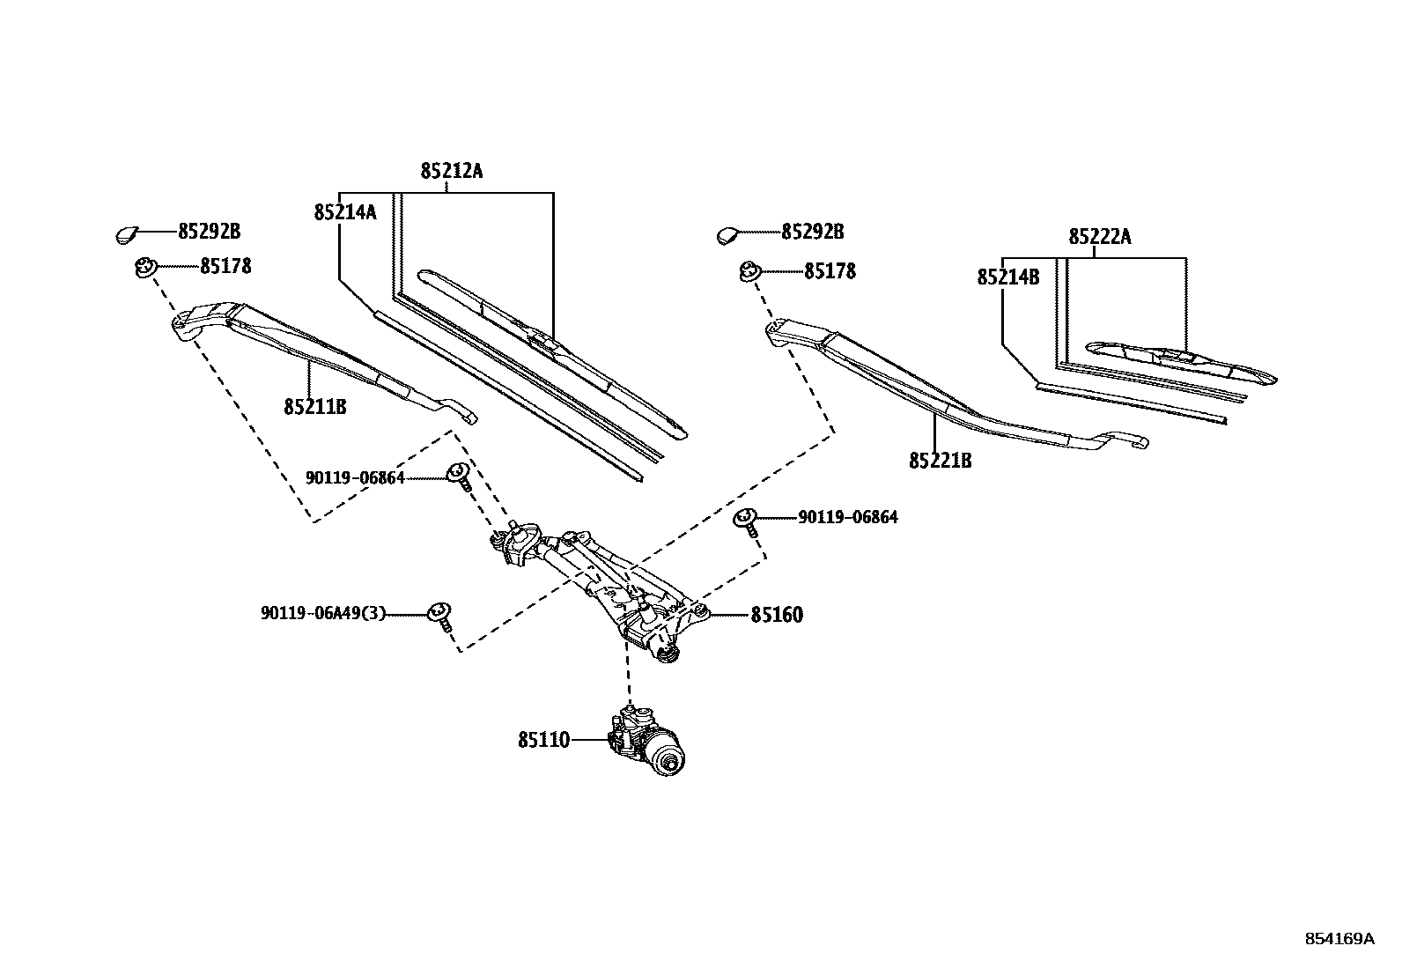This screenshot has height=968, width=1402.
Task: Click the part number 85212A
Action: pos(451,171)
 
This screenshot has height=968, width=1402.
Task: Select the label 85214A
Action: pos(344,212)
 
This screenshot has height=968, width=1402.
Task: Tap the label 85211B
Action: pos(314,407)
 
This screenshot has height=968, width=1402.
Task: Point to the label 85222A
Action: pos(1100,237)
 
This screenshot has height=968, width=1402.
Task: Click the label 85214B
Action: pos(1007,277)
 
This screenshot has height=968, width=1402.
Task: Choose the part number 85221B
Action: pos(940,461)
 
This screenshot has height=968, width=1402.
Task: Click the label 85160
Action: pos(776,615)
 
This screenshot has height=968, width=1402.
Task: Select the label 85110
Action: pos(543,741)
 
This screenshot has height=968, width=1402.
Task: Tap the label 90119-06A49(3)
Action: pos(323,613)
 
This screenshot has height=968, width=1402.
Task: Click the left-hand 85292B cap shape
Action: pos(127,234)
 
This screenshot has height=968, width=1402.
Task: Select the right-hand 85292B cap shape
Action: pos(728,234)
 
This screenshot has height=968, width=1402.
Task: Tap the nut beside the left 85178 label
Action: pos(144,267)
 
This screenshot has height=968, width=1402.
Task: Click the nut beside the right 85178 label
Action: pos(749,272)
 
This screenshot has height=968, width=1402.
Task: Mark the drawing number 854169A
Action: pos(1339,939)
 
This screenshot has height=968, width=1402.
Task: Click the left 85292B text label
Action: pos(209,232)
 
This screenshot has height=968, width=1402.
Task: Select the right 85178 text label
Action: pos(829,271)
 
